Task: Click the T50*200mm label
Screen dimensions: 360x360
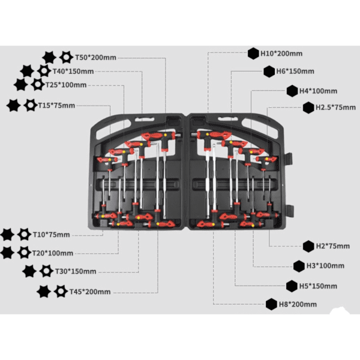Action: pyautogui.click(x=95, y=58)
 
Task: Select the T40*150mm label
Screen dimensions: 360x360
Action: pyautogui.click(x=73, y=71)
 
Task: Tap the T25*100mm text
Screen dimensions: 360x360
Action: pyautogui.click(x=66, y=85)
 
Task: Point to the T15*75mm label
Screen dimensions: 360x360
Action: pyautogui.click(x=56, y=106)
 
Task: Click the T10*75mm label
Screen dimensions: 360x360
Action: pyautogui.click(x=51, y=234)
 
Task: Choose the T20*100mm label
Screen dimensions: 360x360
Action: pyautogui.click(x=53, y=253)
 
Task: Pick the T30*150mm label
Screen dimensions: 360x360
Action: pyautogui.click(x=76, y=271)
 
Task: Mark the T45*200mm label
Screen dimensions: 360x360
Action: pyautogui.click(x=90, y=292)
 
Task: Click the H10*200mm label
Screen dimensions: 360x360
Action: pyautogui.click(x=281, y=53)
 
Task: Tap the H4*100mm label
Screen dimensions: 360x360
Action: pyautogui.click(x=319, y=91)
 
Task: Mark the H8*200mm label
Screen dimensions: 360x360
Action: pyautogui.click(x=298, y=304)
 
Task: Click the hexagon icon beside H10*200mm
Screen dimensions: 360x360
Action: pyautogui.click(x=253, y=53)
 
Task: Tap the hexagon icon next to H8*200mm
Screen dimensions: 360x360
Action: pyautogui.click(x=271, y=304)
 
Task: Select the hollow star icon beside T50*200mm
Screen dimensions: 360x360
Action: pyautogui.click(x=66, y=58)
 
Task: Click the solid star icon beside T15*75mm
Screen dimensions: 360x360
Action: pyautogui.click(x=13, y=106)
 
